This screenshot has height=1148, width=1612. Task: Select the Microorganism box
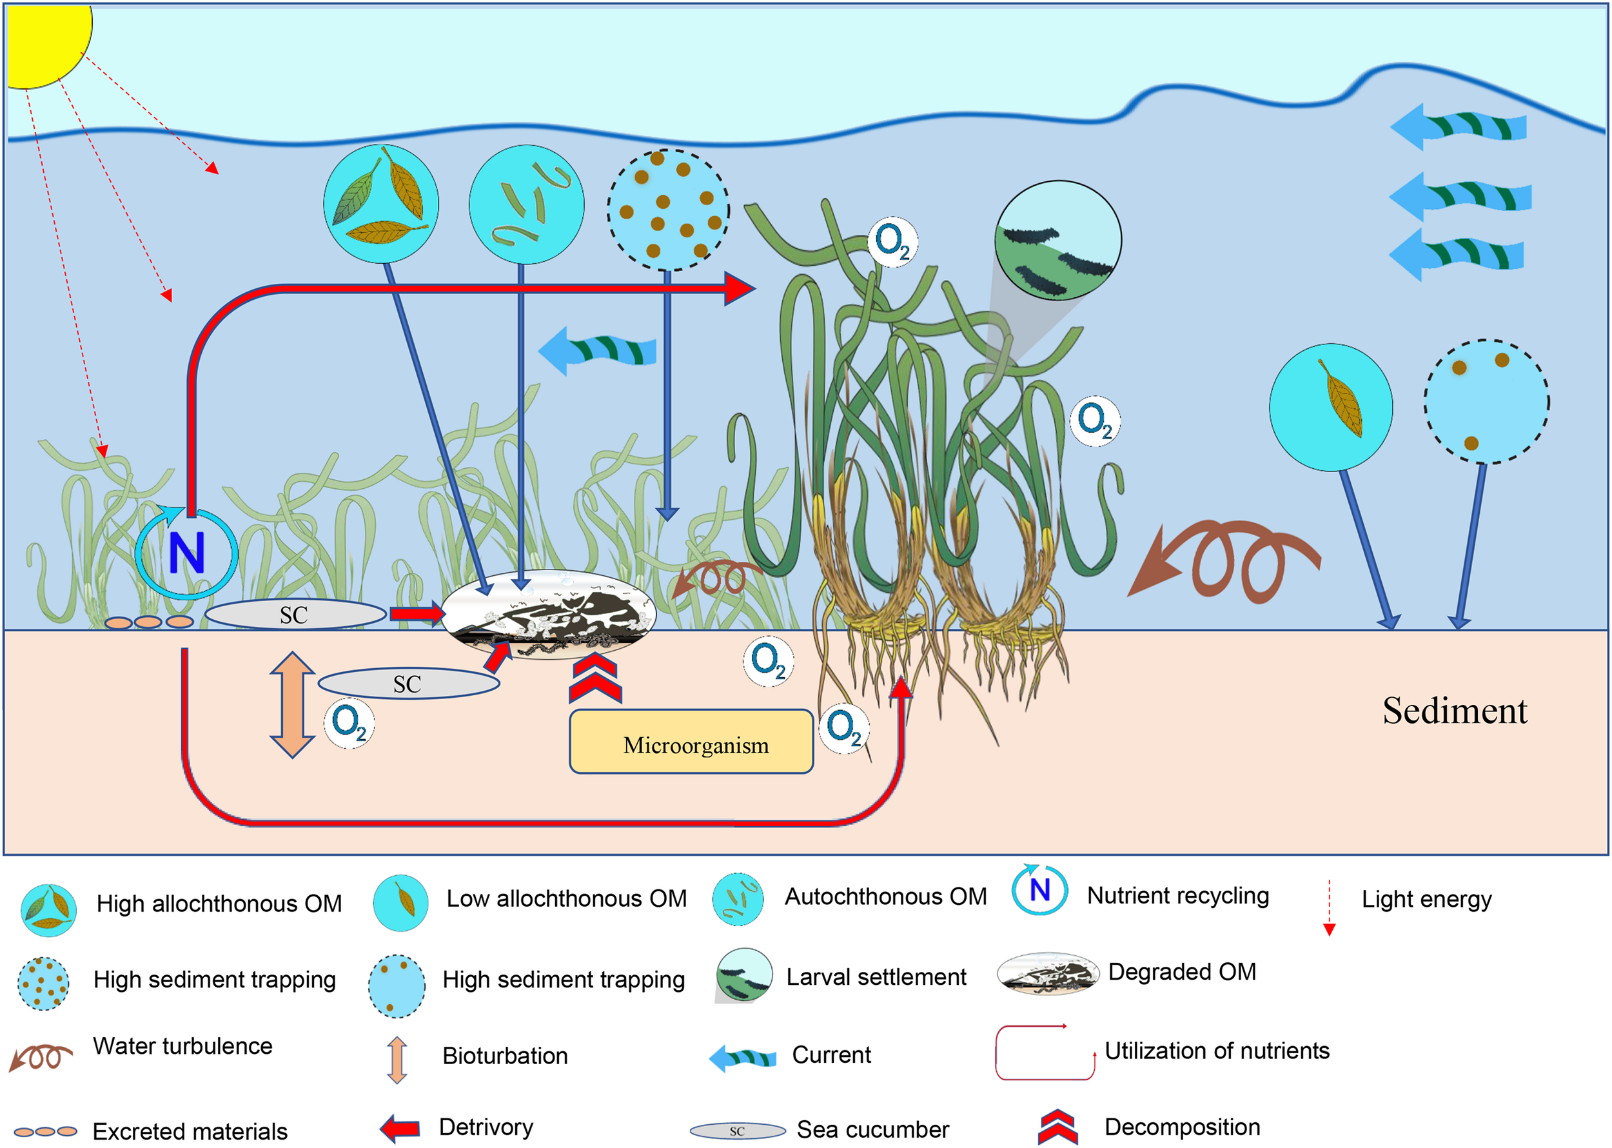coord(691,742)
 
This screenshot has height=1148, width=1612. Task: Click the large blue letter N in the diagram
coord(186,553)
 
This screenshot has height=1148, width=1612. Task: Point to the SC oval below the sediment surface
coord(408,684)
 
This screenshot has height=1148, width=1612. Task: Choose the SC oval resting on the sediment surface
coord(295,614)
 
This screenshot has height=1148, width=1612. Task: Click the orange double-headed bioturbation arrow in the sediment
coord(292,704)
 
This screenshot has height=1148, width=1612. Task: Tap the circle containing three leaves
coord(381,204)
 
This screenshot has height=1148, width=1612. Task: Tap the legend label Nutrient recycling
coord(1177,896)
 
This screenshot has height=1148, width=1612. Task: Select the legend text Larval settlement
coord(876,977)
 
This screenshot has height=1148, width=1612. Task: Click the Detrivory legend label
coord(486,1127)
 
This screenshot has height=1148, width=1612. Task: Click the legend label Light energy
coord(1426,899)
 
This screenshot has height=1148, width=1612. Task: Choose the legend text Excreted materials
coord(190,1131)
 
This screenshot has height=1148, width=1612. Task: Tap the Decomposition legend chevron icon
coord(1057,1127)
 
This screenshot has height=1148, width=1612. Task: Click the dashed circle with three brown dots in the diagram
coord(1486,402)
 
